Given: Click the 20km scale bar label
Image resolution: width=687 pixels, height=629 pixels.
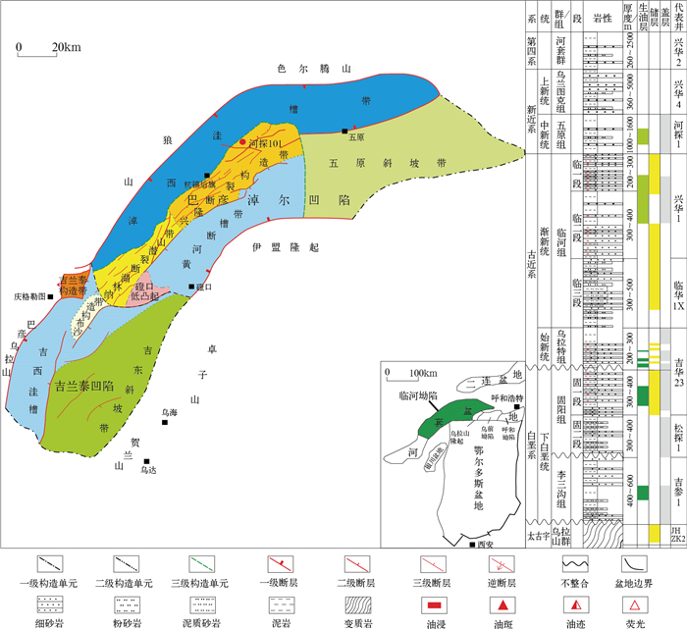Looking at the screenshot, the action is click(x=67, y=47).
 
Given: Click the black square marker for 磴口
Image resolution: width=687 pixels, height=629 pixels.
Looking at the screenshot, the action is click(x=192, y=288).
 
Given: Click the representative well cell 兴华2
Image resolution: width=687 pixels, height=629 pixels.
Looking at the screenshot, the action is click(x=676, y=46).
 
